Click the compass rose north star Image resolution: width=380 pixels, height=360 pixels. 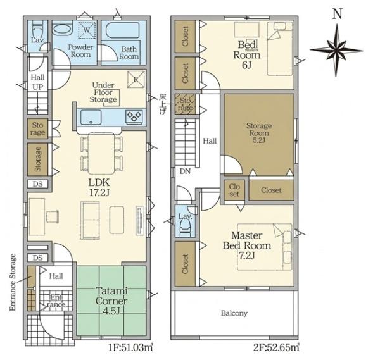point(336,51)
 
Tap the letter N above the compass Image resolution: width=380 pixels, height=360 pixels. point(337,14)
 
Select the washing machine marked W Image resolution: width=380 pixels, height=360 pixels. point(87,30)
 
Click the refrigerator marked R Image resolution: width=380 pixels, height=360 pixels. point(136,79)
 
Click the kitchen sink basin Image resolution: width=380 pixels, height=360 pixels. point(91,118)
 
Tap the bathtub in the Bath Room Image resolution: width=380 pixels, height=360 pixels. point(123,30)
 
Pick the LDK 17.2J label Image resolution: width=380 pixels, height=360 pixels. point(99,187)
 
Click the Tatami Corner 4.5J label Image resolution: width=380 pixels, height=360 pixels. point(111,301)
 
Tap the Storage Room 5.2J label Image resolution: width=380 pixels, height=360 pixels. point(259,133)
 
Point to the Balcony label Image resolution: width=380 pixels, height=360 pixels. point(234,313)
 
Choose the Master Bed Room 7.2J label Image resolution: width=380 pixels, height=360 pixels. point(247,245)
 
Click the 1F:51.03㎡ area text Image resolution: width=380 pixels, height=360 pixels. point(131,348)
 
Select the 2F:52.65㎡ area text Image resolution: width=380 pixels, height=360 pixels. point(276,348)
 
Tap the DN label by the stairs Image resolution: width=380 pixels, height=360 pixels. point(185,171)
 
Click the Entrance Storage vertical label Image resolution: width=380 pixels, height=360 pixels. point(13,282)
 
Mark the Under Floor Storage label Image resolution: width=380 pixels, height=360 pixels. point(103,92)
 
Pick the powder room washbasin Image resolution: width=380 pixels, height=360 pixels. point(62,30)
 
